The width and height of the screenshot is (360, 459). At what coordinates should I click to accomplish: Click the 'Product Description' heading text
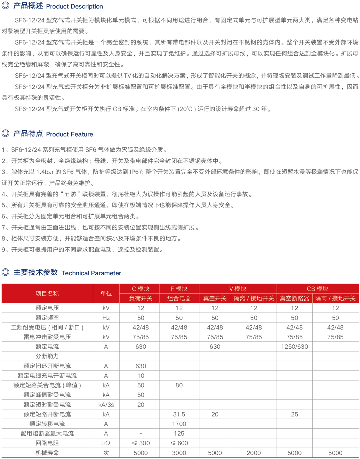[74, 6]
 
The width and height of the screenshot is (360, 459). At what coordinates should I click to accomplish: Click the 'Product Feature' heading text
[70, 134]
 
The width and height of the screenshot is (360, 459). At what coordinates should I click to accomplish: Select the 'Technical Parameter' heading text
[91, 273]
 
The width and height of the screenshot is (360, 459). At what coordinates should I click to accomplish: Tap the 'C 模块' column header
[140, 289]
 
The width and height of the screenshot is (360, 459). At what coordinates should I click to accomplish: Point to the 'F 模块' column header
[179, 289]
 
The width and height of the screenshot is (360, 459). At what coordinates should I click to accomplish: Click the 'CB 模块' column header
[317, 289]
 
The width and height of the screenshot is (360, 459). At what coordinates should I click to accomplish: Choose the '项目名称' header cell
[47, 293]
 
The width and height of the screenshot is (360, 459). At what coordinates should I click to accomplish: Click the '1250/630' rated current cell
[294, 347]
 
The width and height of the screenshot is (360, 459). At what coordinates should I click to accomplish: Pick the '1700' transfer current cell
[179, 424]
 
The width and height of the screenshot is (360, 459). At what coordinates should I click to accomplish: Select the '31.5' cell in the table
[179, 414]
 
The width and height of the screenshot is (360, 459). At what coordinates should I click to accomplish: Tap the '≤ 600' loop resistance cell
[179, 443]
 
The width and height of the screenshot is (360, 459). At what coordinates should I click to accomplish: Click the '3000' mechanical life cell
[179, 453]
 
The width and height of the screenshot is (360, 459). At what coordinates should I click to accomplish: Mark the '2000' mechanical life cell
[254, 453]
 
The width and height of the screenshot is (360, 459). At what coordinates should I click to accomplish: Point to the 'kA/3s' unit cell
[106, 405]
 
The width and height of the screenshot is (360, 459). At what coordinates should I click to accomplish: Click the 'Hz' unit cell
[106, 318]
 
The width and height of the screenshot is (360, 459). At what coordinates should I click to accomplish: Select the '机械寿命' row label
[47, 453]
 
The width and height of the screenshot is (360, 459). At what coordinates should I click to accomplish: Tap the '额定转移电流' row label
[47, 424]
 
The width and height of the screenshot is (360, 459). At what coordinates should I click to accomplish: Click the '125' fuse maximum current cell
[179, 434]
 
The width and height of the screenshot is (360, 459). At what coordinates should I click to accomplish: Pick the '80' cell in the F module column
[179, 385]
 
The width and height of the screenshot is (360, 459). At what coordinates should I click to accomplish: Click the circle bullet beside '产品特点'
[6, 133]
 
